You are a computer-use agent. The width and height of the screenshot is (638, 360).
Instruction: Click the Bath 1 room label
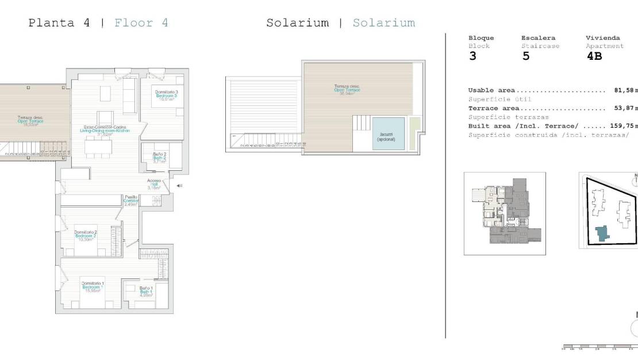coord(145,292)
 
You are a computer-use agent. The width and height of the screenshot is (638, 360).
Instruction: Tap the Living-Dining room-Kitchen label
coord(105,131)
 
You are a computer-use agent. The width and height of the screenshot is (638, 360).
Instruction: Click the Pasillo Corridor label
coord(132,200)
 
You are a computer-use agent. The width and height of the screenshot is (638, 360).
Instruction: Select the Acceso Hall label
coord(153,184)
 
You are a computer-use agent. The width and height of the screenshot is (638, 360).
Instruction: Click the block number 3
coord(472,56)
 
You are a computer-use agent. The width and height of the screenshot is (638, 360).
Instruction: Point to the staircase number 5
coord(525,56)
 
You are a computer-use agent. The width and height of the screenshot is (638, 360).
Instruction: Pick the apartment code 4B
coord(594,56)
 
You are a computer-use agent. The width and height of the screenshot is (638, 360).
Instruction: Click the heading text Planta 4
coord(51,23)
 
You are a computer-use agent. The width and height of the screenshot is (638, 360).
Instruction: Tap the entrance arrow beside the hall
coord(179,185)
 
